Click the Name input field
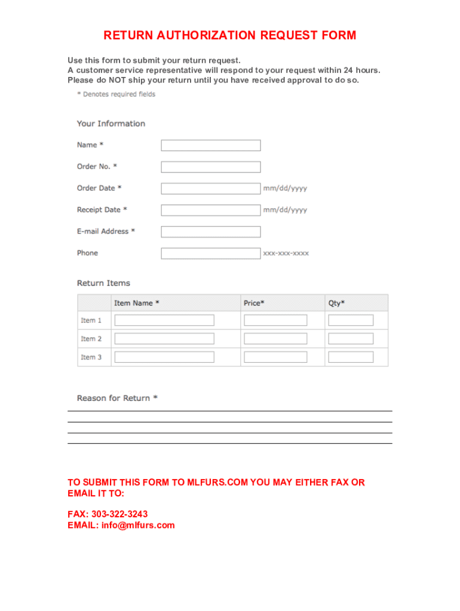pos(211,145)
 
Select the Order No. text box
pos(211,167)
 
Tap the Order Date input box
pos(211,189)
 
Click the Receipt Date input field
pos(211,210)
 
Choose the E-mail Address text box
pos(211,232)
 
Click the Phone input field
pos(211,253)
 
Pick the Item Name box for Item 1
pos(164,320)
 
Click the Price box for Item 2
pos(275,339)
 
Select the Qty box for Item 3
pos(351,357)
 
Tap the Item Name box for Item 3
pos(164,357)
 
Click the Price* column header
pos(254,303)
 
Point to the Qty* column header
pos(336,303)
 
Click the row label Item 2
pos(91,339)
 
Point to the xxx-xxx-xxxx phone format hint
pos(286,253)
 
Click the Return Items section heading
pos(103,283)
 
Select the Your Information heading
pos(111,124)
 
